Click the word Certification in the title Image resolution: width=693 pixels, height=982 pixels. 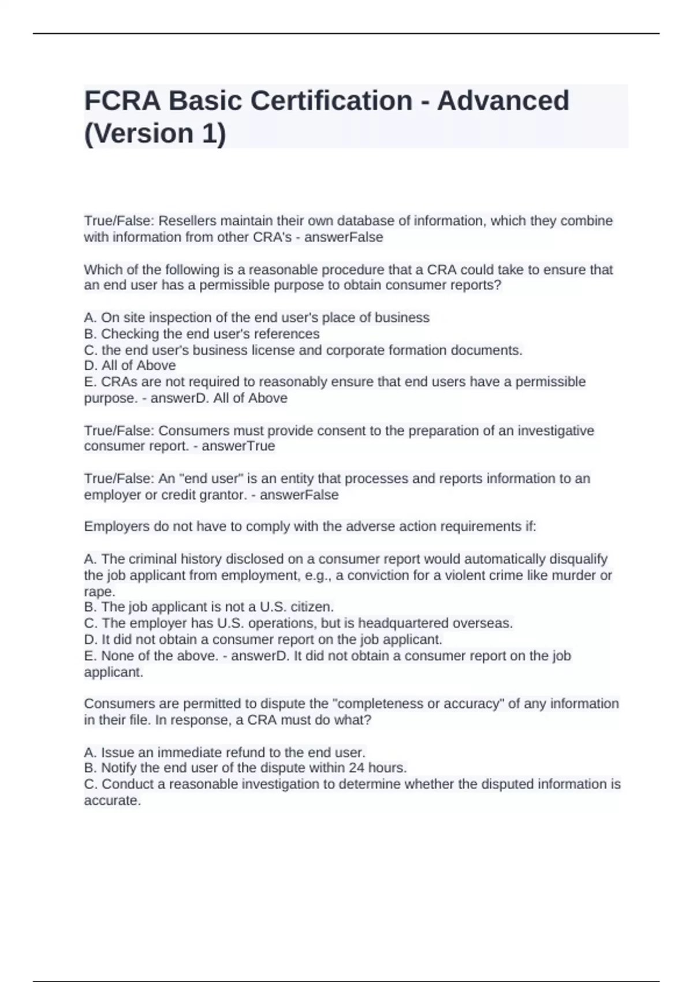click(331, 101)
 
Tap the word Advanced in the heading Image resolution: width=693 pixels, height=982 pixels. click(503, 101)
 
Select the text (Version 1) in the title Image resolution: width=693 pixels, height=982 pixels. click(155, 133)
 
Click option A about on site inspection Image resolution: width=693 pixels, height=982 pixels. click(256, 318)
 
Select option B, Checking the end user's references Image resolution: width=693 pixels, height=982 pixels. click(202, 334)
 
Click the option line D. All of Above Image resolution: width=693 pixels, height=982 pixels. click(130, 366)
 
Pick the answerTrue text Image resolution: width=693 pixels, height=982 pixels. click(238, 446)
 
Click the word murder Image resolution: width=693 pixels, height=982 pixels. click(575, 575)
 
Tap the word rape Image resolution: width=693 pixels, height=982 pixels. click(98, 592)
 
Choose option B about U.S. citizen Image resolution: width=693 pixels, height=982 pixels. click(209, 607)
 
